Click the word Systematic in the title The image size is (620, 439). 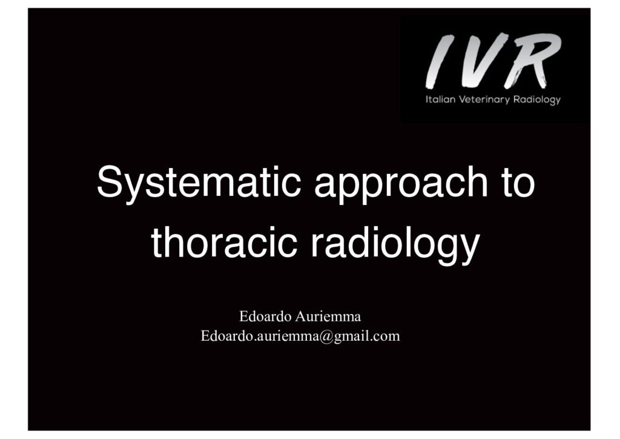click(199, 183)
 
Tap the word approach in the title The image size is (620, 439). click(401, 184)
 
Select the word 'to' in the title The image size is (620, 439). click(519, 182)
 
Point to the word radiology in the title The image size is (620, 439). click(395, 246)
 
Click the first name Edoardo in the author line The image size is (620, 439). click(265, 317)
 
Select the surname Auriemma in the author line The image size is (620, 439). click(328, 317)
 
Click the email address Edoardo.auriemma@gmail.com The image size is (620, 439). click(300, 336)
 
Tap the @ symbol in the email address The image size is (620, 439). click(326, 337)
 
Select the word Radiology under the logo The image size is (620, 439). click(536, 100)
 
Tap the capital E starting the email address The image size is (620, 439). click(205, 336)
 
